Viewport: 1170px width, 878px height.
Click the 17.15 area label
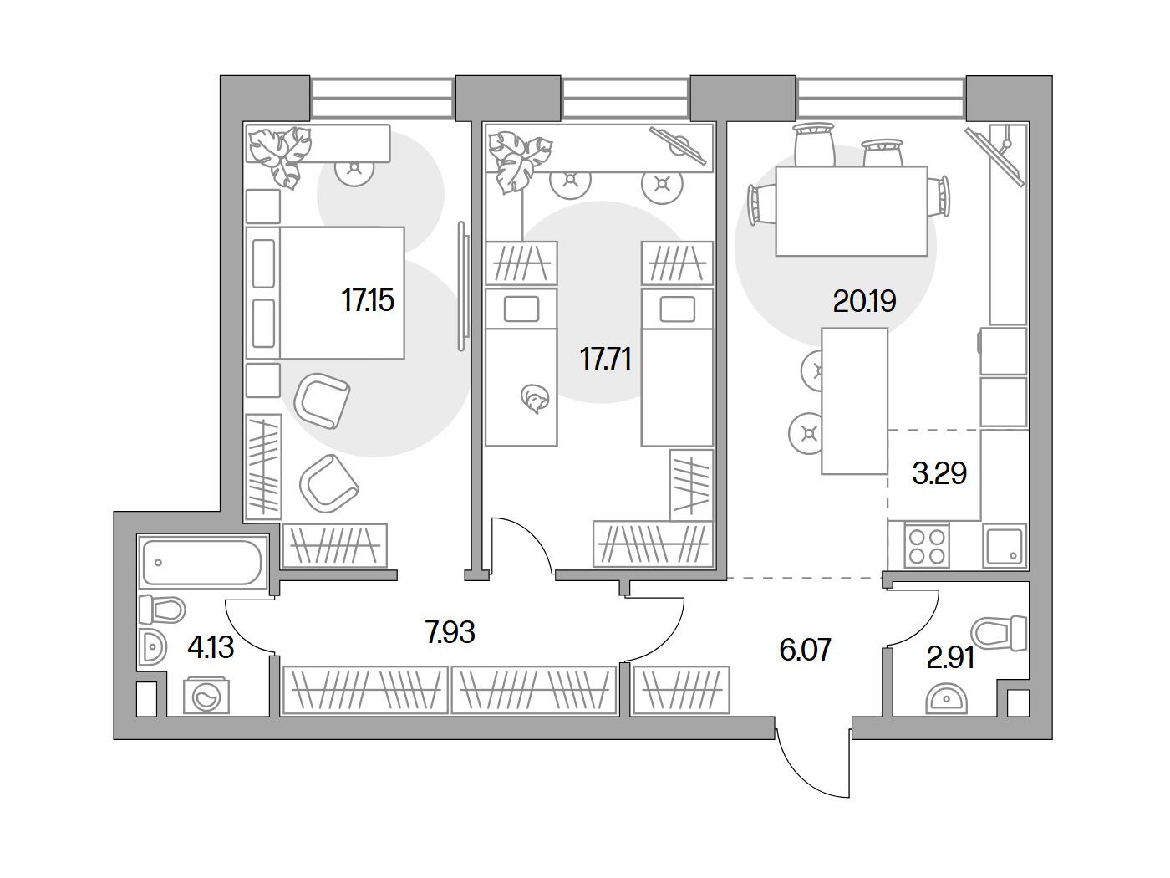tap(367, 300)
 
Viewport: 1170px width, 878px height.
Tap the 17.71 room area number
tap(606, 359)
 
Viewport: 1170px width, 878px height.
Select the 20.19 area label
tap(864, 302)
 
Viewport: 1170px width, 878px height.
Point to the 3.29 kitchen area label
tap(939, 473)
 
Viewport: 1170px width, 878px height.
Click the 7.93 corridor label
tap(450, 632)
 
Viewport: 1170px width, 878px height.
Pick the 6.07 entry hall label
tap(805, 650)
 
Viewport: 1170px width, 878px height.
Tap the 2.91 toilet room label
tap(950, 657)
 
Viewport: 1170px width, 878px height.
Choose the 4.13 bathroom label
tap(211, 648)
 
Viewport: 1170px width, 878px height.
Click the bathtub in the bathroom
tap(202, 562)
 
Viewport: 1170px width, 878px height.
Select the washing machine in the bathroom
tap(206, 697)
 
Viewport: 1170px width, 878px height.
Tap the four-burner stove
tap(927, 546)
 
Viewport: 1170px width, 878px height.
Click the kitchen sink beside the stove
tap(1005, 545)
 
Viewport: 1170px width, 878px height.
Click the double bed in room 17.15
tap(325, 293)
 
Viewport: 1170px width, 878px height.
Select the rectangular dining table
tap(852, 211)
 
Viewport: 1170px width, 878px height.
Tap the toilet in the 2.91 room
tap(999, 633)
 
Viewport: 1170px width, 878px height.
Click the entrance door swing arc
tap(800, 790)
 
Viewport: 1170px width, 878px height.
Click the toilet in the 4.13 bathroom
tap(161, 610)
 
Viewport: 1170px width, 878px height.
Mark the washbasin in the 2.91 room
tap(946, 699)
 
